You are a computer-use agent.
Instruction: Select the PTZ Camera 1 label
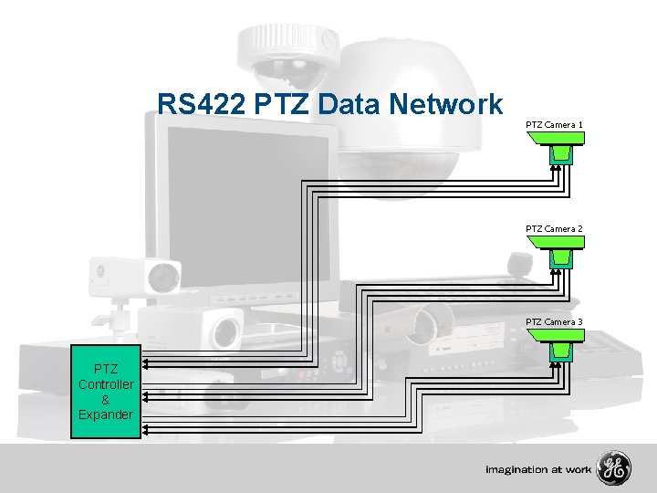pos(554,123)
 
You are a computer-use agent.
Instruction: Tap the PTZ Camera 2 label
pos(554,228)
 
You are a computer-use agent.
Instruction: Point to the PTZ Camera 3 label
pos(554,321)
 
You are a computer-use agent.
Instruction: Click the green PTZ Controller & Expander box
pos(106,393)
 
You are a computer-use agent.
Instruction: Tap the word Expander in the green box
pos(106,415)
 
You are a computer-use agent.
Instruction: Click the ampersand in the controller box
pos(106,400)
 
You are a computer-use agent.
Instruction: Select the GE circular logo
pos(613,469)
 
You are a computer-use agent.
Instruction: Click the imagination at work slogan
pos(537,470)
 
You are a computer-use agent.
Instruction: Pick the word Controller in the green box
pos(106,384)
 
